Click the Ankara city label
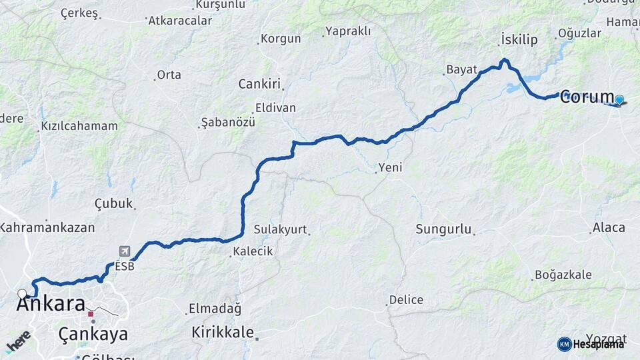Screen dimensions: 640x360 (x=50, y=304)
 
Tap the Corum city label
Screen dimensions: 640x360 (x=587, y=97)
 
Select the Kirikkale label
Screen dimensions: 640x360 (x=223, y=332)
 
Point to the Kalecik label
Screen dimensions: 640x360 (x=253, y=251)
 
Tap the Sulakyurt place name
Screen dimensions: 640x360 (x=280, y=230)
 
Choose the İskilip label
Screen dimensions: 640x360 (x=519, y=40)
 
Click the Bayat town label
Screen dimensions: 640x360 (x=462, y=69)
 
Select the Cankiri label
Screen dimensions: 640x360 (x=260, y=84)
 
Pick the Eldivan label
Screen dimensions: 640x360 (x=275, y=108)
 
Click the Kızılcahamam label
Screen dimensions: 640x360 (x=79, y=126)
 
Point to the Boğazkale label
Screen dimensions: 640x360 (x=563, y=275)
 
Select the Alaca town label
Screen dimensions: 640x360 (x=609, y=228)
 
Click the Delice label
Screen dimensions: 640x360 (x=406, y=300)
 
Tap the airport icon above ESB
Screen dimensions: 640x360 (x=125, y=251)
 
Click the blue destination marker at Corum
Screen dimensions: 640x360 (x=619, y=100)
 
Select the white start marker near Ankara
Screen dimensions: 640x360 (x=23, y=293)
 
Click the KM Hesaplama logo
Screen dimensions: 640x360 (x=591, y=344)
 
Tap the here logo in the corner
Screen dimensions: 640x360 (x=18, y=341)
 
